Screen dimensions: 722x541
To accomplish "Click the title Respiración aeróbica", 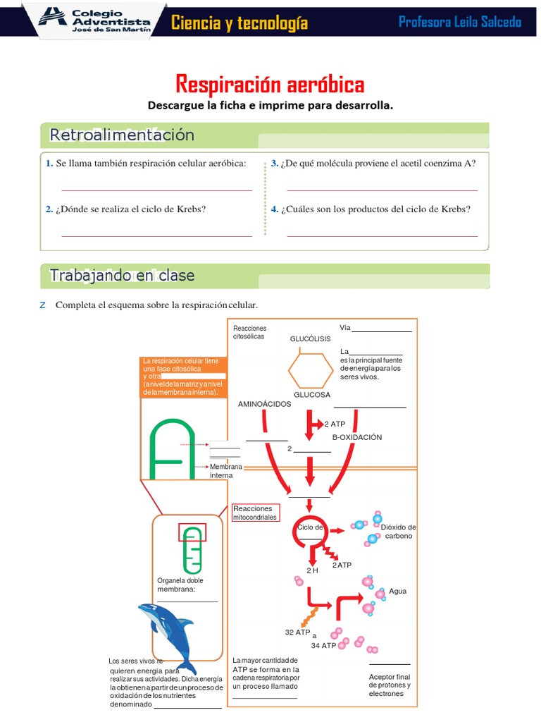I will [x=270, y=85].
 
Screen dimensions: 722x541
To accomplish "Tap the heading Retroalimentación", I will [x=122, y=135].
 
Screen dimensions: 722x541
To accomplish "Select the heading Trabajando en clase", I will [x=122, y=276].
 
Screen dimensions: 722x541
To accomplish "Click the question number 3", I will [x=275, y=164].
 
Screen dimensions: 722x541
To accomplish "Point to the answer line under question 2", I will [x=156, y=235].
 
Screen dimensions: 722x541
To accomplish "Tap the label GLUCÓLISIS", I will [x=310, y=339].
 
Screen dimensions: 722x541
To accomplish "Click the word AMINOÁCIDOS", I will [x=264, y=404].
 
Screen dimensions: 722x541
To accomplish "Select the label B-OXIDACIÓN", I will [x=356, y=437].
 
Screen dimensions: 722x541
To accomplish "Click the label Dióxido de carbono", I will [x=399, y=532].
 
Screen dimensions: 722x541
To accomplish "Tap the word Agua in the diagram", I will [x=398, y=592].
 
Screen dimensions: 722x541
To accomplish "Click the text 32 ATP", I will [x=298, y=632].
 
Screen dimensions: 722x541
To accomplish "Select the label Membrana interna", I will [x=225, y=471].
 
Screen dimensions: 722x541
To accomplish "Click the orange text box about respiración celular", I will [x=184, y=377].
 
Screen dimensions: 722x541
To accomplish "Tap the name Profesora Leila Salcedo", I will [x=460, y=22].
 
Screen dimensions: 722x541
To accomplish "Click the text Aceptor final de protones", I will [x=390, y=685].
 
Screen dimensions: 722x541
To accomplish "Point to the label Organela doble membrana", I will [x=180, y=585].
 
